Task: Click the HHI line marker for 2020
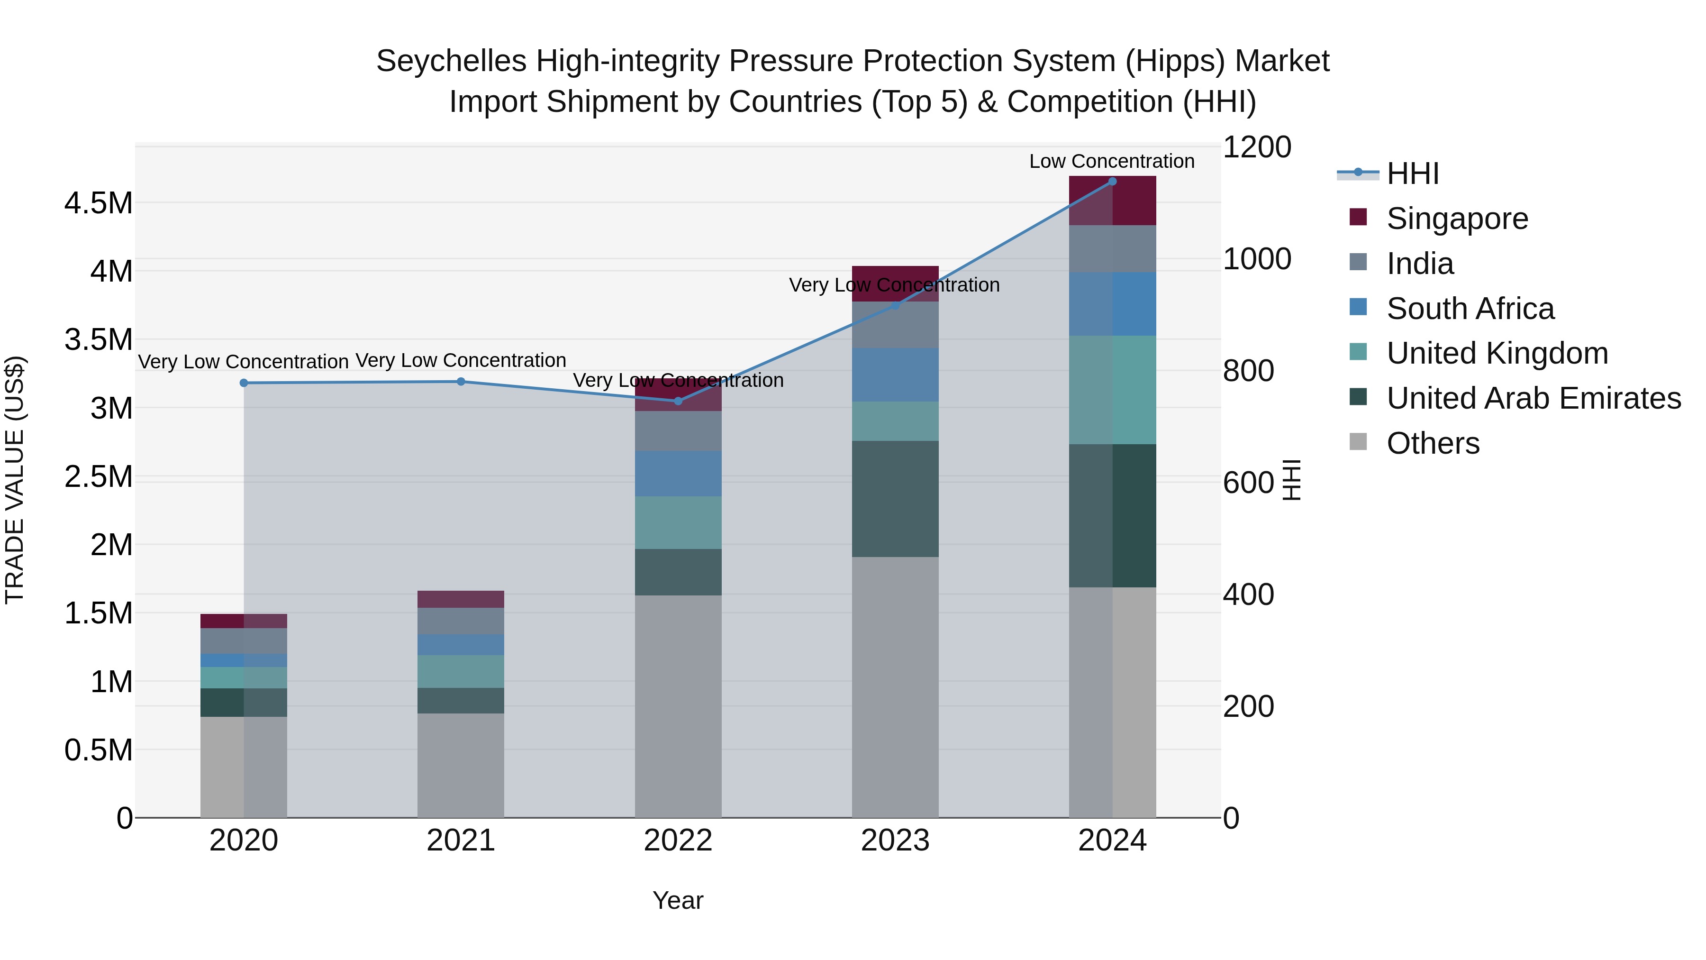244,383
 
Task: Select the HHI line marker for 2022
678,401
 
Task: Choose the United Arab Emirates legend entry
1533,398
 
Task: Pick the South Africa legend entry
1470,309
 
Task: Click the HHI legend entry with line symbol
1412,174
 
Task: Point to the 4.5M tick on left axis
98,203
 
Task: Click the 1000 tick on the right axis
1256,258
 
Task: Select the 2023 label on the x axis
895,841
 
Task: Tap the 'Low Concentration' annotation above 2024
1111,161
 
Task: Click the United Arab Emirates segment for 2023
895,498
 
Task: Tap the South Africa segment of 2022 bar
678,473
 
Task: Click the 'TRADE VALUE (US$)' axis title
15,480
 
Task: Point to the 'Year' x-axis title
678,900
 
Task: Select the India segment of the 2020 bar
244,640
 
